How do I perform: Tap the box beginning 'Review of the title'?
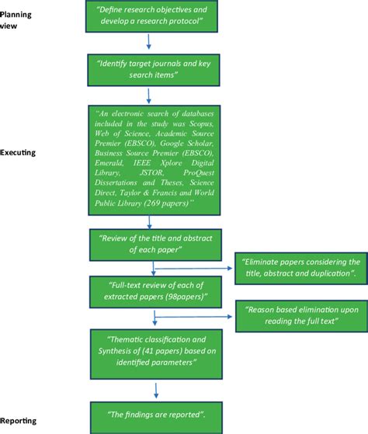click(145, 244)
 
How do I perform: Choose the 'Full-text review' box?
click(145, 293)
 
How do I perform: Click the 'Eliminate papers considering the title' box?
click(300, 268)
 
